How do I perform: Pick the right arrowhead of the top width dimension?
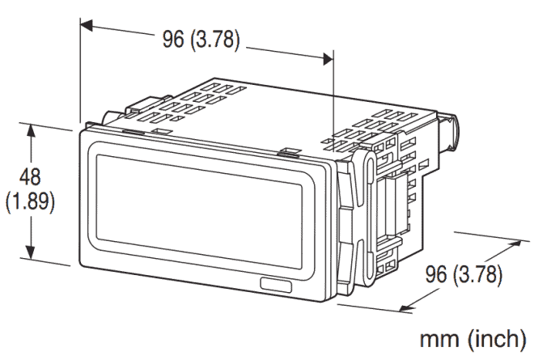pyautogui.click(x=327, y=58)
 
